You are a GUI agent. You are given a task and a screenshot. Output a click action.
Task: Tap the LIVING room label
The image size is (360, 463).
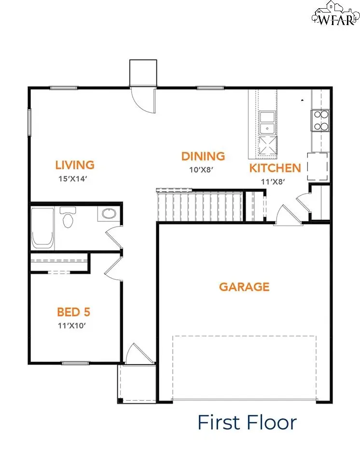75,165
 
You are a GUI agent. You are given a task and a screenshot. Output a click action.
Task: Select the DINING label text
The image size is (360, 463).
203,156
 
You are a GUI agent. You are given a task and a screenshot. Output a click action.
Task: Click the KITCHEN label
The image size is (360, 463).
275,168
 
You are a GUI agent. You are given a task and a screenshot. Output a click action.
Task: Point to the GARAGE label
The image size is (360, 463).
244,287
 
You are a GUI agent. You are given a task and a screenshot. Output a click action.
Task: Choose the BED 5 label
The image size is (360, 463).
74,312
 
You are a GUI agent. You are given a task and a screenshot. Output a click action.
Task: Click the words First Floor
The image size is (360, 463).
247,423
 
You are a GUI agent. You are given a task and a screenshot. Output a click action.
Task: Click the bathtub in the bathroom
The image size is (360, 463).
42,228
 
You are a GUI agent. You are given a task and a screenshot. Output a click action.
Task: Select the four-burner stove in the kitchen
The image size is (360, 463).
321,121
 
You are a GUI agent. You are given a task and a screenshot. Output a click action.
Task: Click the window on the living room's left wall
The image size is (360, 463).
29,123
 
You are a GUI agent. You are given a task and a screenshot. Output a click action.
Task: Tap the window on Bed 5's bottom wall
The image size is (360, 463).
75,363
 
